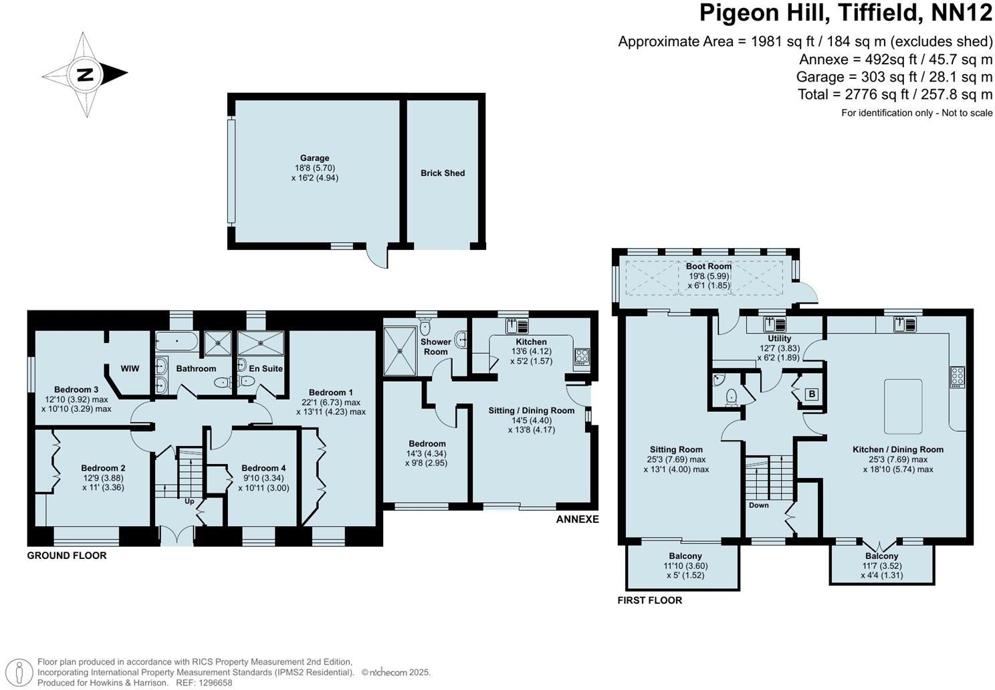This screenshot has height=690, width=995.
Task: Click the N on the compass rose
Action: tap(84, 75)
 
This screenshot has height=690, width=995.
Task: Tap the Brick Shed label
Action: tap(443, 173)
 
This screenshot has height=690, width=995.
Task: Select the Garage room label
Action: tap(314, 158)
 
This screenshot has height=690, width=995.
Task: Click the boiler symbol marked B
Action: tap(812, 394)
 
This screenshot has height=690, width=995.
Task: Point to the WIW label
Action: tap(130, 368)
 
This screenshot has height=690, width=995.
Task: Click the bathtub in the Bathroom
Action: tap(177, 342)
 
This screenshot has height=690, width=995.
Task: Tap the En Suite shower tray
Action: tap(260, 343)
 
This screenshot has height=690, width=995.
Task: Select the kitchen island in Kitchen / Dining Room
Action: tap(903, 407)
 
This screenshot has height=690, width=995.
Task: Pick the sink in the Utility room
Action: tap(775, 324)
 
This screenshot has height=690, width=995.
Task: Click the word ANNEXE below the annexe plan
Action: tap(577, 519)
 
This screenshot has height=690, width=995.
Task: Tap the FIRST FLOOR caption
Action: tap(649, 600)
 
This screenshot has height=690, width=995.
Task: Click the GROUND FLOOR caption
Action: tap(67, 556)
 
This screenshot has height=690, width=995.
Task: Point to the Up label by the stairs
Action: tap(190, 501)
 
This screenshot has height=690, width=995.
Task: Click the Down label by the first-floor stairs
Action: tap(759, 505)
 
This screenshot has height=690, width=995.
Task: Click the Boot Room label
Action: tap(709, 266)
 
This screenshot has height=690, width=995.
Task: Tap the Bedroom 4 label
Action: tap(263, 468)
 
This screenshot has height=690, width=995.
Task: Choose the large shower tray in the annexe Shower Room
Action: tap(400, 351)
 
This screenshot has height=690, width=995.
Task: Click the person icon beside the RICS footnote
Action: tap(19, 673)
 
